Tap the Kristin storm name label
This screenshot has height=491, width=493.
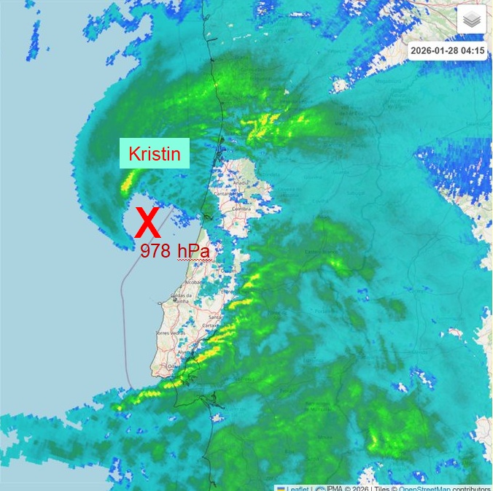(x=155, y=154)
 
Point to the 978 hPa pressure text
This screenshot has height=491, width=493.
(x=176, y=252)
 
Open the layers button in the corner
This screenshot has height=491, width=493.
(x=471, y=20)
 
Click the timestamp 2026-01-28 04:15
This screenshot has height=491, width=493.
(x=447, y=51)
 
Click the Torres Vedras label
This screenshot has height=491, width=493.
(x=168, y=333)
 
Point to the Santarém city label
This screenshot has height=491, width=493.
(x=217, y=317)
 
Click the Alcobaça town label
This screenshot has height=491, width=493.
(x=195, y=281)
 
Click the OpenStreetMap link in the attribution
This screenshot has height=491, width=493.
(x=424, y=487)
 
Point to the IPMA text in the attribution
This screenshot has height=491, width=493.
(x=334, y=487)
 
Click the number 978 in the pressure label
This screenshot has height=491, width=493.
(x=155, y=252)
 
